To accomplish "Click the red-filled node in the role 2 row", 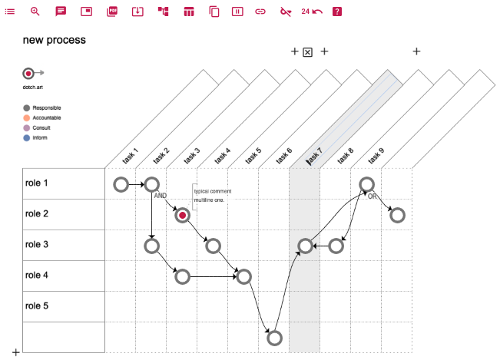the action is [x=182, y=216].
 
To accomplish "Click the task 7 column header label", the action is [x=314, y=156].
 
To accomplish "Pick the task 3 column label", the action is [x=192, y=156].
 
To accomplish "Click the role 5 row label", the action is [x=37, y=306].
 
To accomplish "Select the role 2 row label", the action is [x=37, y=213].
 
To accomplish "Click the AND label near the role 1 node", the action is [x=160, y=196].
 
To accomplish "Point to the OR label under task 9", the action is [x=373, y=197].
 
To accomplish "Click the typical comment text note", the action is [x=213, y=196].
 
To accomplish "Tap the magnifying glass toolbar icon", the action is [x=35, y=12].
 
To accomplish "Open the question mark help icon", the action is [x=337, y=12].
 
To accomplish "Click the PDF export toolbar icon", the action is [x=112, y=12].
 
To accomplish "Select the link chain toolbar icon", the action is [x=260, y=12].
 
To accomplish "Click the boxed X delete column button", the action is [x=307, y=52].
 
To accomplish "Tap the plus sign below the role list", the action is [x=15, y=352].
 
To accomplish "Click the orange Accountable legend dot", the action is [x=27, y=118].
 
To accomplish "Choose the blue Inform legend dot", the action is [x=27, y=138].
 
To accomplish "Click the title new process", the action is [x=55, y=40].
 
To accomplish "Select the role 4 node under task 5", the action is [x=244, y=276].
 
